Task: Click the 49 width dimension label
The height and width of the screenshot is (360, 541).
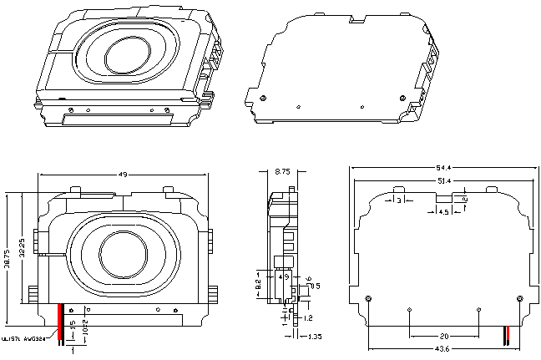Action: (122, 175)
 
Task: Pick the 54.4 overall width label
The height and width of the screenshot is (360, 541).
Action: (442, 169)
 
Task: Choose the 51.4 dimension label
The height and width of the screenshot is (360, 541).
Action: (442, 181)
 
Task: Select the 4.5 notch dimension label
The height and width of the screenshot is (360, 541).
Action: (444, 212)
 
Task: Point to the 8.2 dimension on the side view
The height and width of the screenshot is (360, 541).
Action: (259, 284)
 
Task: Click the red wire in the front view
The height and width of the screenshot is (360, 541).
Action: (59, 322)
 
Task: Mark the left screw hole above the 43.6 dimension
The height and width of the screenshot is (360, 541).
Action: (369, 298)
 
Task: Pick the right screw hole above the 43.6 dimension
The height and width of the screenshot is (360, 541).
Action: (520, 298)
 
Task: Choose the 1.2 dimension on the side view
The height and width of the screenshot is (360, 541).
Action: (308, 318)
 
